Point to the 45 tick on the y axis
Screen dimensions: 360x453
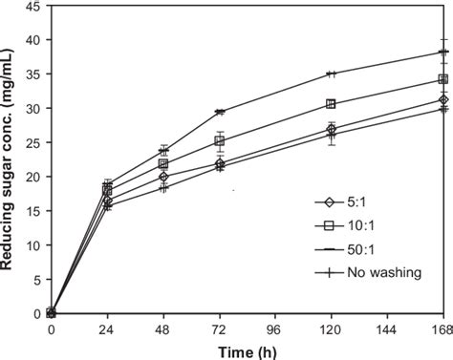(32, 7)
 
